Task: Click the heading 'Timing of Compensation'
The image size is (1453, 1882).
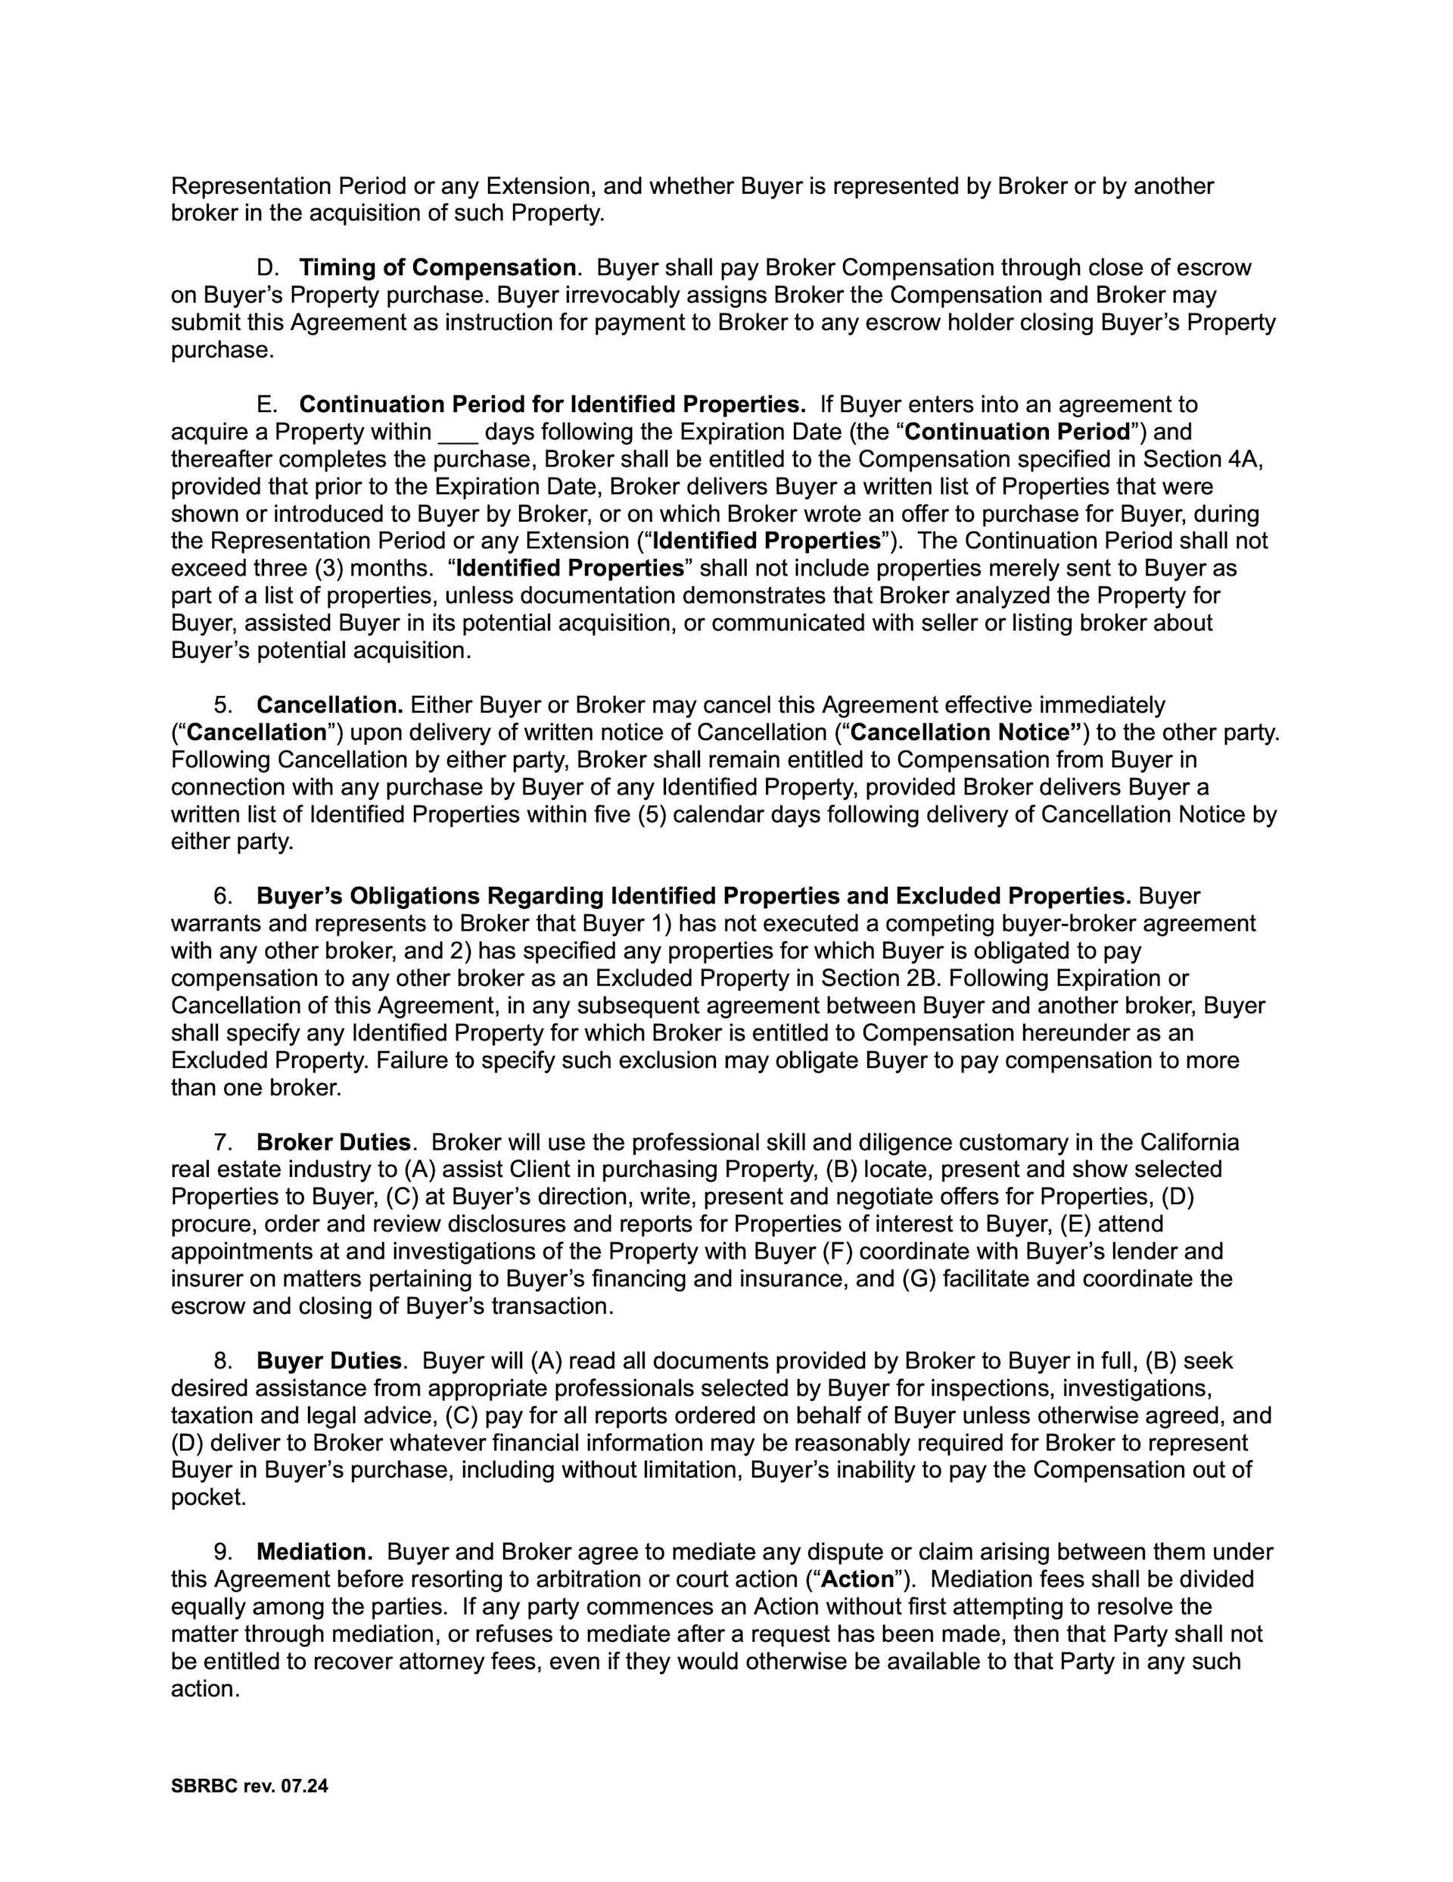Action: coord(437,268)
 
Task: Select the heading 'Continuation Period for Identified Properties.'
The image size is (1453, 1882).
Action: coord(552,404)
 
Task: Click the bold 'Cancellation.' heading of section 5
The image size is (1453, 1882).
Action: coord(330,705)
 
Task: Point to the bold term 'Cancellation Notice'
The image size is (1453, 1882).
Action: coord(965,732)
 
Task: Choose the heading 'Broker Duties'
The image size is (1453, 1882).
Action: coord(333,1143)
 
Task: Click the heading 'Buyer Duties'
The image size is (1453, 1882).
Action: coord(329,1362)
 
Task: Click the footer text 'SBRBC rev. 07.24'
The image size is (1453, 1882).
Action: coord(250,1787)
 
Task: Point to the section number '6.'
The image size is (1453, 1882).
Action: coord(223,896)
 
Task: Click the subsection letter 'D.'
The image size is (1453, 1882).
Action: coord(268,268)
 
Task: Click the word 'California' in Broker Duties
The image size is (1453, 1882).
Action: coord(1190,1143)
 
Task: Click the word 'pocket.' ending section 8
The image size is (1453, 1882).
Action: coord(208,1498)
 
